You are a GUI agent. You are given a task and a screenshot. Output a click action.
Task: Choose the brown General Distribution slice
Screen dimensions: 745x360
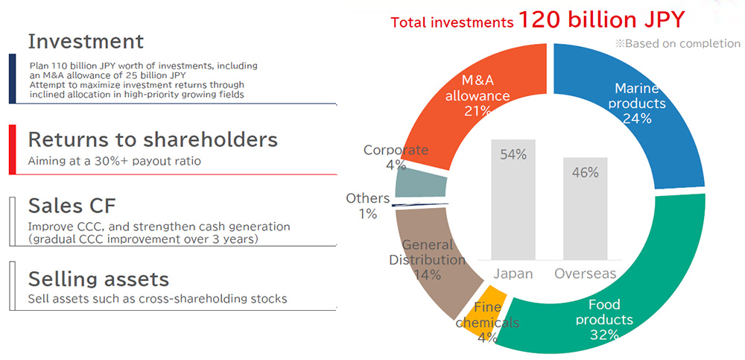coord(428,266)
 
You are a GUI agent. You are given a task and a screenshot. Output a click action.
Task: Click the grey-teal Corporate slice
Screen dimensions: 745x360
coord(420,183)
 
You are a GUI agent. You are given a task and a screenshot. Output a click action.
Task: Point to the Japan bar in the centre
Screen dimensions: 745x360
coord(513,199)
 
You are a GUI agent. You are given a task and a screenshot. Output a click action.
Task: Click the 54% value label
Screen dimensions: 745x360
coord(513,155)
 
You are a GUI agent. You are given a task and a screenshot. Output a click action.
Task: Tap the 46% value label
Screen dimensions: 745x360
coord(586,173)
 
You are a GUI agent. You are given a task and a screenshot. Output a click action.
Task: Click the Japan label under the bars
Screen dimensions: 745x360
coord(513,274)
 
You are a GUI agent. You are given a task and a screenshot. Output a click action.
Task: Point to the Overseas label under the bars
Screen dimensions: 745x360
coord(586,274)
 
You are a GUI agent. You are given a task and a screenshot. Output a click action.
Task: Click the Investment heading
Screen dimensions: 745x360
coord(86,42)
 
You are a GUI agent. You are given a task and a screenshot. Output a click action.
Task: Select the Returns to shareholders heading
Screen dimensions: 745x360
coord(153,140)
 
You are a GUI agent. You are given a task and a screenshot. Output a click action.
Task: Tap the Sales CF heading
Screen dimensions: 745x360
coord(72,206)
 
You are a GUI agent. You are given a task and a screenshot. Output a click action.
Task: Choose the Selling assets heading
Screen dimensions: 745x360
coord(99,279)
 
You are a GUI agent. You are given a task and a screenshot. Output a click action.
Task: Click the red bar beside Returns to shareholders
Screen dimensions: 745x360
coord(13,149)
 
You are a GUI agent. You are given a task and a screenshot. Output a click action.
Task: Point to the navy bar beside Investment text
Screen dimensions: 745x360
coord(13,78)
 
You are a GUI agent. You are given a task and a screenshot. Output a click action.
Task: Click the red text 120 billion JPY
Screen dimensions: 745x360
coord(601,20)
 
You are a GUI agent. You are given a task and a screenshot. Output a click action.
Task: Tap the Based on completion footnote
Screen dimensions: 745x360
coord(678,44)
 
